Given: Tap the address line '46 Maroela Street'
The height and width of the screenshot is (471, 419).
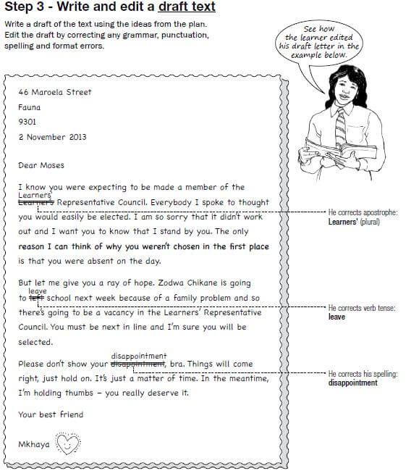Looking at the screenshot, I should pos(55,93).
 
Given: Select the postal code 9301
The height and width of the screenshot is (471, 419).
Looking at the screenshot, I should pos(27,122).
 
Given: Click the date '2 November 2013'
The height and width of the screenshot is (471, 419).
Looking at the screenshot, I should pos(52,136).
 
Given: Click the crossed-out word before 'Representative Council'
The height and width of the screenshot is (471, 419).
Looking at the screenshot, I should pos(35,202).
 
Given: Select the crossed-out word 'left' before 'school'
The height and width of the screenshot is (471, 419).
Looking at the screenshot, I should pos(37,298).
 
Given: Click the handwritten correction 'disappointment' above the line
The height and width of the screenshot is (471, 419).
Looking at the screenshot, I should pos(139,356).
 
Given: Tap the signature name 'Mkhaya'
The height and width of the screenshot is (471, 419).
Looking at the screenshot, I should pos(34,443).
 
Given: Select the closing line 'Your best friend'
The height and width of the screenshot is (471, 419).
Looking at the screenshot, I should pos(51,414).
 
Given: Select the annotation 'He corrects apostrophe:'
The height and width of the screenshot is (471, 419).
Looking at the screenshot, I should pos(363,212).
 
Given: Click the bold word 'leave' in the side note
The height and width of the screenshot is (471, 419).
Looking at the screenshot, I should pos(337,317).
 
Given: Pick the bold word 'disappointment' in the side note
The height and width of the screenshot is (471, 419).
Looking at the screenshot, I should pos(352,383).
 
